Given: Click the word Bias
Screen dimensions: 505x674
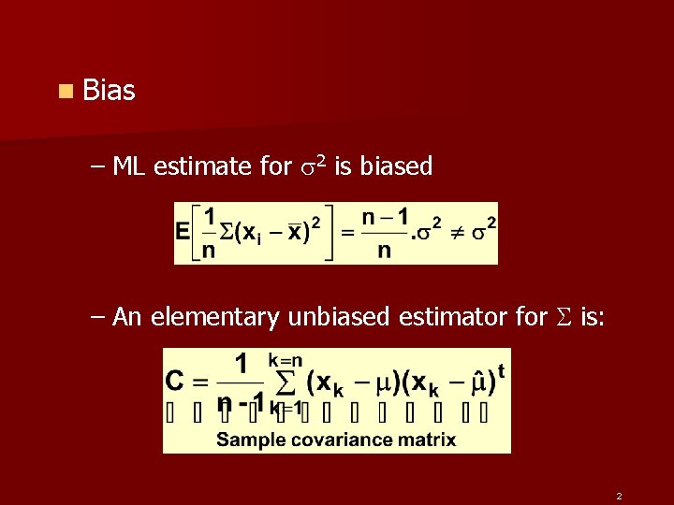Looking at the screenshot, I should tap(109, 91).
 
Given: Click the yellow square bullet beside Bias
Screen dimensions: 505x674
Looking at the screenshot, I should tap(64, 92).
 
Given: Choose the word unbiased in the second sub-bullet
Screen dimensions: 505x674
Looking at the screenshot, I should tap(338, 317).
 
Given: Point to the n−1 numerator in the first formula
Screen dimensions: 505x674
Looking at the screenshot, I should tap(385, 217).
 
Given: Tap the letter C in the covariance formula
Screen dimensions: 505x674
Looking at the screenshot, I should tap(175, 382).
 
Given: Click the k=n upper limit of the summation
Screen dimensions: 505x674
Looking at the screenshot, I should tap(286, 360).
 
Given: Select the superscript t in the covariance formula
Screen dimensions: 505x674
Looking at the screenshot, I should tap(502, 370).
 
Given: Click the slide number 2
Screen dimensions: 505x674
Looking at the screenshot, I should tap(619, 496).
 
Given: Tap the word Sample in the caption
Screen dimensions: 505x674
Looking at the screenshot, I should tap(247, 440).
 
